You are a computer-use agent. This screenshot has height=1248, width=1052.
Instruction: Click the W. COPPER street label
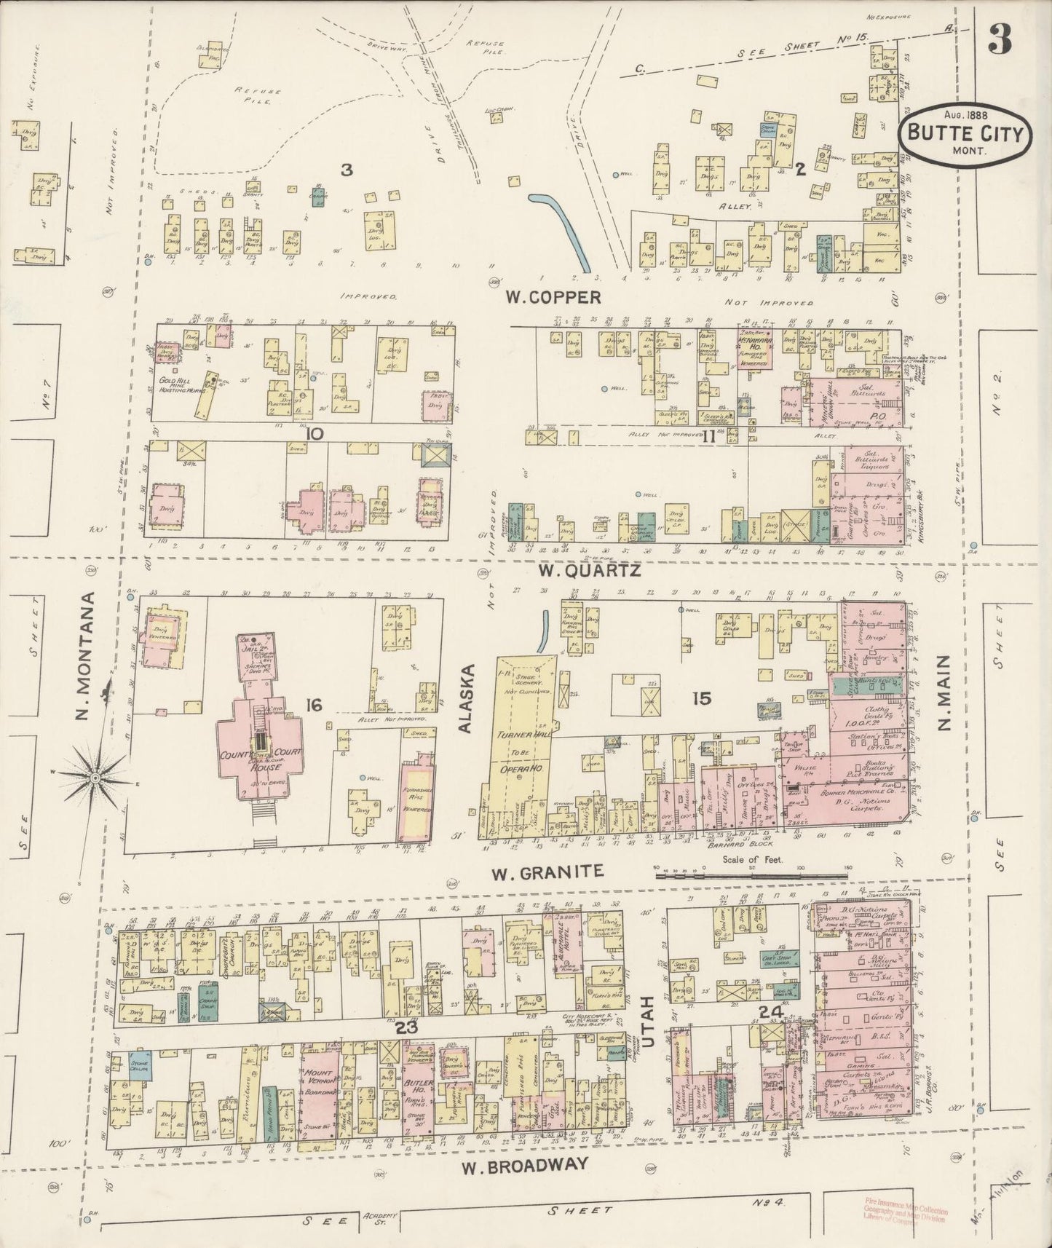coord(553,297)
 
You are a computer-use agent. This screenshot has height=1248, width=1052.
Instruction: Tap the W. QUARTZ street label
coord(589,572)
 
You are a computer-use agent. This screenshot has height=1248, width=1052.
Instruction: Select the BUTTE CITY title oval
coord(965,135)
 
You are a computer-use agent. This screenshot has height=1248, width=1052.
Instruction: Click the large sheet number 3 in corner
coord(1000,42)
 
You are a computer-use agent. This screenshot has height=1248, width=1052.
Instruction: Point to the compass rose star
coord(95,779)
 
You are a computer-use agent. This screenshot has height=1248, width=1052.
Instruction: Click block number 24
coord(768,1011)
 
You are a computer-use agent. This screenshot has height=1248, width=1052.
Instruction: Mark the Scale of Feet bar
coord(750,876)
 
